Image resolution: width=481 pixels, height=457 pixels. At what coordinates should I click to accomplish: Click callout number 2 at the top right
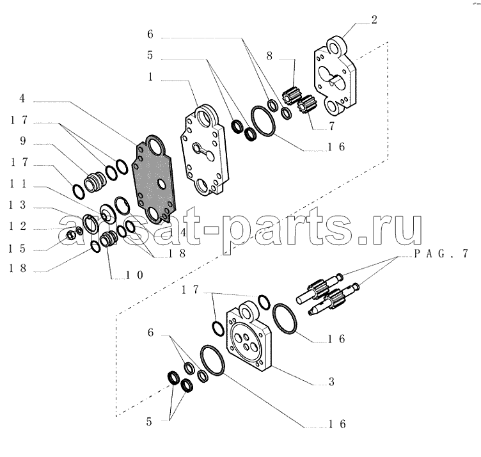tap(374, 20)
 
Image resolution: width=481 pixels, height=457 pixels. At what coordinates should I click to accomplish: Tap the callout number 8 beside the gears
tap(269, 56)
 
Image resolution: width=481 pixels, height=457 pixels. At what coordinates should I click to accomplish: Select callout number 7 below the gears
tap(331, 126)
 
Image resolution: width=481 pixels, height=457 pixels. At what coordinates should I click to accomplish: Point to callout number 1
tap(150, 77)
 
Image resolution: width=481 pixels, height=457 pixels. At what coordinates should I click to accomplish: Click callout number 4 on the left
tap(22, 99)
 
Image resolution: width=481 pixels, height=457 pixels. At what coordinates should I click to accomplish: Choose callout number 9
tap(23, 141)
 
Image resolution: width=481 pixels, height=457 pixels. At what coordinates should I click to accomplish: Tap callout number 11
tap(18, 184)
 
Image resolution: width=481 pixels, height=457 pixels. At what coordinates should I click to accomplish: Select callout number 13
tap(17, 205)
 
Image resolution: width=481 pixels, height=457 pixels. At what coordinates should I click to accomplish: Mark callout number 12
tap(17, 226)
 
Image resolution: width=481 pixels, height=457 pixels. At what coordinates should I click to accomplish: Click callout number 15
tap(17, 248)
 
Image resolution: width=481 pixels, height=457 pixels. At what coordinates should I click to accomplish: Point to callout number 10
tap(134, 275)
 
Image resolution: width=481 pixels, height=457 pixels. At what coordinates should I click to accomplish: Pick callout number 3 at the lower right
tap(331, 382)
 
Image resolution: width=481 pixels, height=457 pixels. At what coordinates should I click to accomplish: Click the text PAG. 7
tap(441, 253)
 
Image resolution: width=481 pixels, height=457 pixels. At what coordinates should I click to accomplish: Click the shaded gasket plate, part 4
tap(154, 179)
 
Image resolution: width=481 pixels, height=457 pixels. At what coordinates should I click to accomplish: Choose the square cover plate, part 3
tap(249, 337)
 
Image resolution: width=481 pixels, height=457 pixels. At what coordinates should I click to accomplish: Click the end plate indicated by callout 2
tap(335, 76)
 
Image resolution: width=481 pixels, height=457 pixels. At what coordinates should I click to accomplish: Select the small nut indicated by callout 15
tap(71, 236)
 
